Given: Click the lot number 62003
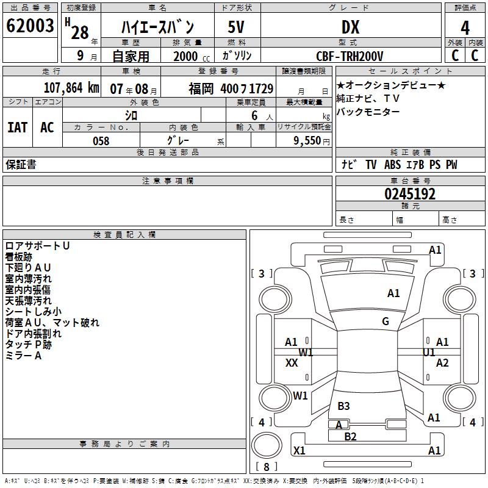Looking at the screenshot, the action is point(29,26).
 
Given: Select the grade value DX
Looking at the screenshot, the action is point(350,27).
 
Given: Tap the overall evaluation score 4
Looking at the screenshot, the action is point(465,28).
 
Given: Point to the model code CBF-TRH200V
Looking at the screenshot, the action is point(350,56).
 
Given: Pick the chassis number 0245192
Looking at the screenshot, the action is point(410,195).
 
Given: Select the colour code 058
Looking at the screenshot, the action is point(101,141).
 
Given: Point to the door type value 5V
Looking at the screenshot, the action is point(236,27).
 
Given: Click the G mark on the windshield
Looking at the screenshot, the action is point(386,321).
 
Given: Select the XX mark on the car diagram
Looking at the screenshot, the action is point(292,363).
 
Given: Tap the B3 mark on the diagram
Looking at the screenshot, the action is point(343,406).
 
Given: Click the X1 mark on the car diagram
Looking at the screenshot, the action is point(299,451).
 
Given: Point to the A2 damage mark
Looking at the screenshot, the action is point(442,363).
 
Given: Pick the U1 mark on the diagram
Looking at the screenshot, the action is point(429,352).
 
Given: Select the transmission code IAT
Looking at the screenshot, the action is point(17,127).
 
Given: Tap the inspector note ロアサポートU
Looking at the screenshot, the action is point(37,246).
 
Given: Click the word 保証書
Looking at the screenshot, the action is point(21,164).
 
